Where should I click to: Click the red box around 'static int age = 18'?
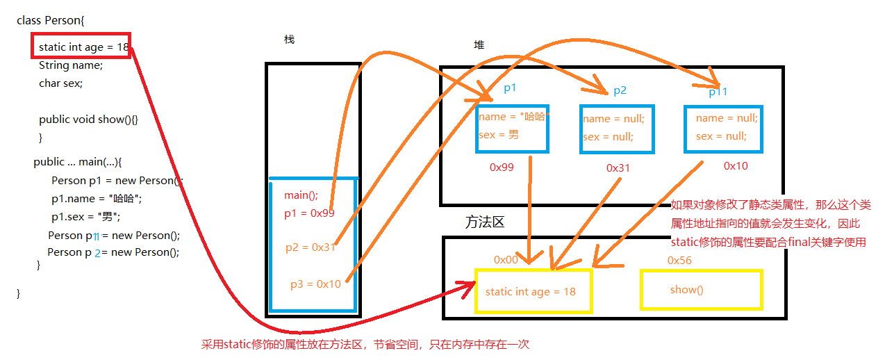(x=81, y=46)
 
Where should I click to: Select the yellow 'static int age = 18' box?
(x=532, y=291)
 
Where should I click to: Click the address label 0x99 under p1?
(x=502, y=167)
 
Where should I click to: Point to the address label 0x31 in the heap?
(x=618, y=168)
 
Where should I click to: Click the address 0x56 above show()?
(x=679, y=260)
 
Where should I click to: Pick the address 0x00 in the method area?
(x=506, y=260)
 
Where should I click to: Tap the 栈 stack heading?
(x=289, y=40)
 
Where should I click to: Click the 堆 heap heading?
(x=479, y=45)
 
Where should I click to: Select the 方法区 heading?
(x=484, y=223)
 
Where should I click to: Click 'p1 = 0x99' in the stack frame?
(x=309, y=213)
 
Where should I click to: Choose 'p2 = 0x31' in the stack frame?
(x=311, y=247)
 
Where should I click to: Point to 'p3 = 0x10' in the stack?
(x=315, y=284)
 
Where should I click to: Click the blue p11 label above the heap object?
(x=719, y=92)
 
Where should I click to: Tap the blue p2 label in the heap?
(x=620, y=91)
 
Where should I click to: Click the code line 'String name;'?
(x=71, y=65)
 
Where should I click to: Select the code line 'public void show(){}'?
(x=88, y=120)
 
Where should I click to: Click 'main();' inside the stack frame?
(x=301, y=195)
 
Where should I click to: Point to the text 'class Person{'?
(x=50, y=20)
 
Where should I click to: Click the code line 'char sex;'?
(x=60, y=83)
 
